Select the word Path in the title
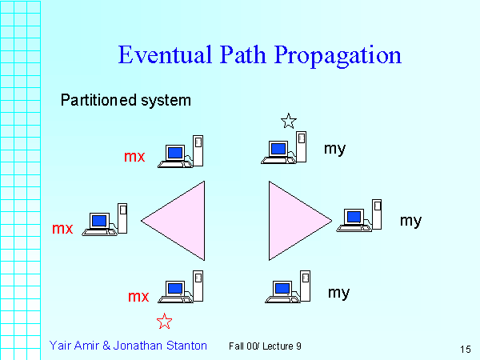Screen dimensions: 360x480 244,55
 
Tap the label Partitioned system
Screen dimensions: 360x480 126,101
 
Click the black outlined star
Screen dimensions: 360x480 289,122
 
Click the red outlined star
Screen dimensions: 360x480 165,322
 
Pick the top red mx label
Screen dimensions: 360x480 134,157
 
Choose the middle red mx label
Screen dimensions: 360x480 62,229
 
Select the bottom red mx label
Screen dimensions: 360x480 138,297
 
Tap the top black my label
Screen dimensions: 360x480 334,148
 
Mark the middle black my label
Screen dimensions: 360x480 410,220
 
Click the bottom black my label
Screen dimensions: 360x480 338,292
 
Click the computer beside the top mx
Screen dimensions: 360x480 181,152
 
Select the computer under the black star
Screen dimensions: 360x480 285,148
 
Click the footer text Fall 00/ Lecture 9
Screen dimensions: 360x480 264,346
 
